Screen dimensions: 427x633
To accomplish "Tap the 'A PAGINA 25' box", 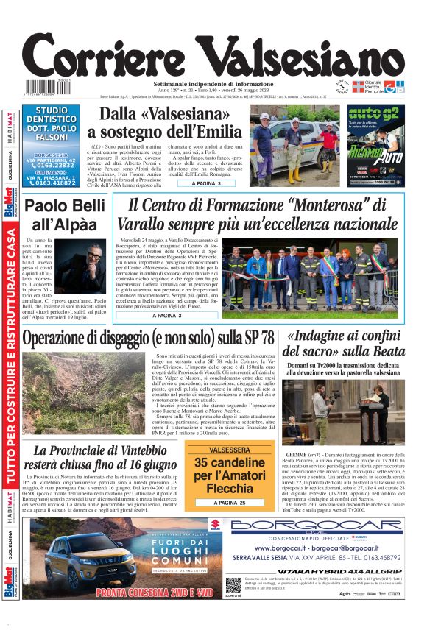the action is point(219,502).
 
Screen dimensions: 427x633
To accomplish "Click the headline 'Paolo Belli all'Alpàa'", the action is point(66,215).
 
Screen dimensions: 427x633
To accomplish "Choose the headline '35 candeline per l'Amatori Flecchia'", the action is point(219,474).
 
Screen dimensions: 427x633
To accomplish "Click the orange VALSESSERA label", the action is point(219,448).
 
